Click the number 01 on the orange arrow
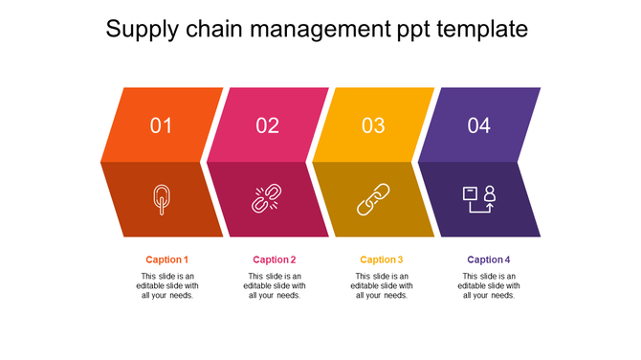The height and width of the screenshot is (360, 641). coord(162,125)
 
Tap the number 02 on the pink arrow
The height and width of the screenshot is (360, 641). coord(268,125)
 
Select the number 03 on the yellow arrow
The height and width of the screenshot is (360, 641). coord(373,125)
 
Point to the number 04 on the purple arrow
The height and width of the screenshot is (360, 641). coord(479,125)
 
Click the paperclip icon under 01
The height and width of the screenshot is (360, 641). coord(162,199)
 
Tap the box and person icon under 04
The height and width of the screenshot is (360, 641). coord(478,198)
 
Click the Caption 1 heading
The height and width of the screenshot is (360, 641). coord(167,259)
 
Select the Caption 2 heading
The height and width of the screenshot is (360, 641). coord(275,259)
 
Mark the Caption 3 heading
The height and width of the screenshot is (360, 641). coord(382,259)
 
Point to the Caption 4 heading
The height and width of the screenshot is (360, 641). coord(489,259)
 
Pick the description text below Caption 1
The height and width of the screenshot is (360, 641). coord(167,285)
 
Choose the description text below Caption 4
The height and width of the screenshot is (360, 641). coord(489,285)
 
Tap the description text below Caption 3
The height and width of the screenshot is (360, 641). coord(382,285)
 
